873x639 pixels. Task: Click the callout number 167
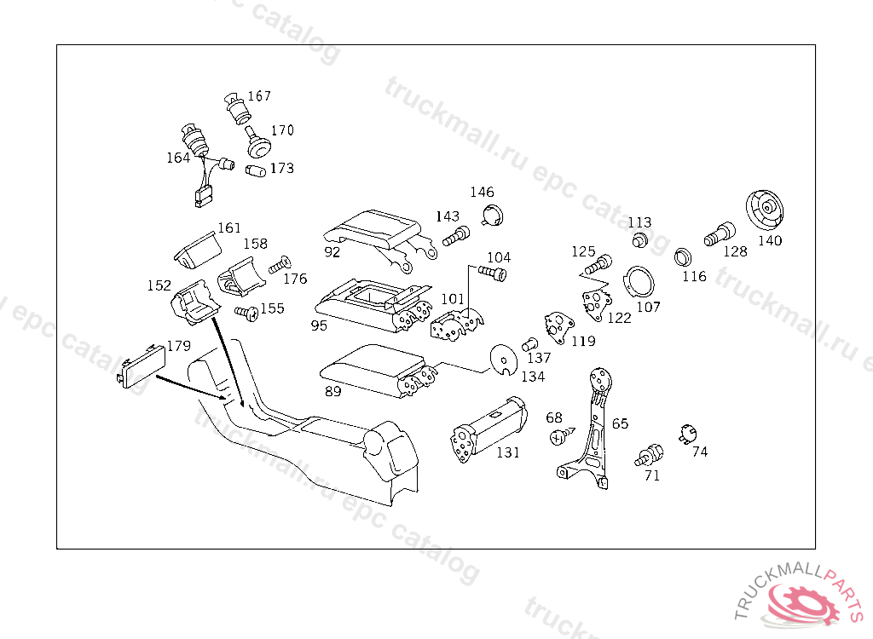click(x=259, y=96)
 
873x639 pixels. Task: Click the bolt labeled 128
click(x=720, y=233)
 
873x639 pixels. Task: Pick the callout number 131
click(x=507, y=452)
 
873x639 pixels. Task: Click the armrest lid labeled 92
click(x=375, y=227)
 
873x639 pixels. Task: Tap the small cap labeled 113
click(x=639, y=239)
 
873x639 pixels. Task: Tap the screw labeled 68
click(x=559, y=436)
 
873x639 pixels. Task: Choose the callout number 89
click(x=333, y=391)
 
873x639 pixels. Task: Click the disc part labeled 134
click(x=506, y=360)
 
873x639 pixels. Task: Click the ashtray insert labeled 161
click(x=197, y=250)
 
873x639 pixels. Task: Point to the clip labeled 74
click(x=685, y=435)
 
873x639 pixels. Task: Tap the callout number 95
click(x=319, y=325)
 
